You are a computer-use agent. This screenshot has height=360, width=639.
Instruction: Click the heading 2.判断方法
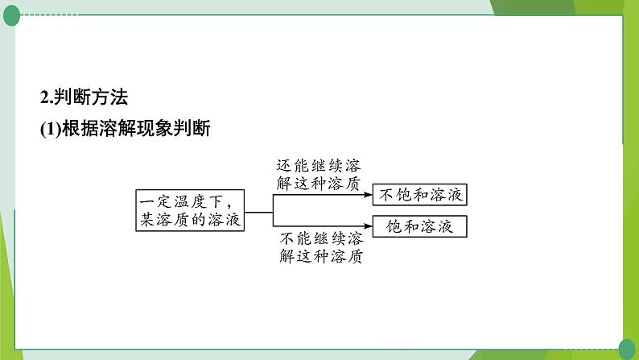tap(84, 98)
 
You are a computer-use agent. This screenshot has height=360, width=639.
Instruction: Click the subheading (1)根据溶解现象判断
tap(125, 129)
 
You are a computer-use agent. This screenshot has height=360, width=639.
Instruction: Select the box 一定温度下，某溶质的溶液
tap(190, 211)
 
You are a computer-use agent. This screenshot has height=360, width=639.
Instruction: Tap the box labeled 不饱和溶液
tap(419, 195)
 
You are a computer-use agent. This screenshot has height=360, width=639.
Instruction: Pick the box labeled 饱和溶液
tap(419, 226)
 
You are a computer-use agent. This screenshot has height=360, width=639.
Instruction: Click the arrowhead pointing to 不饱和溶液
tap(367, 195)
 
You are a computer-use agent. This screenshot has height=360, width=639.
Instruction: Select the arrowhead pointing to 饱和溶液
tap(367, 226)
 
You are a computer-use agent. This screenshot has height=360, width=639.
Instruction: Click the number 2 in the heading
tap(44, 98)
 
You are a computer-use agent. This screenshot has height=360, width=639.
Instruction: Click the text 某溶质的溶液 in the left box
tap(190, 221)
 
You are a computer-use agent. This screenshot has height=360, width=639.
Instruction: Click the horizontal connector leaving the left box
tap(260, 211)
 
